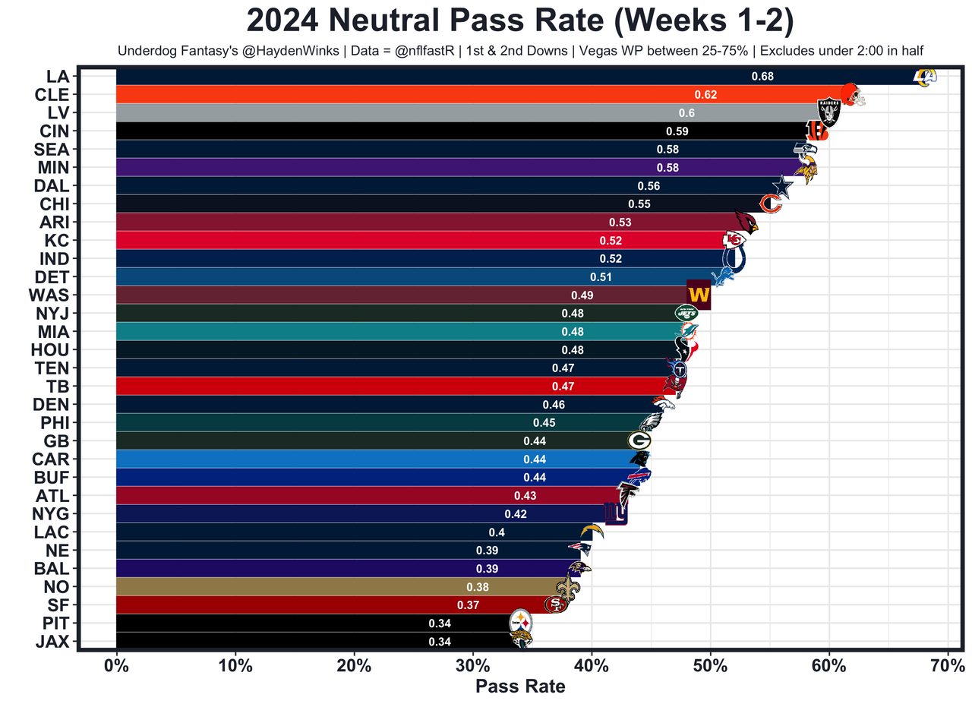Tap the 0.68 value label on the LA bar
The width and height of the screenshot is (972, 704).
click(x=762, y=76)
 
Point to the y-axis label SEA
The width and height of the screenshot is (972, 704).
click(x=52, y=149)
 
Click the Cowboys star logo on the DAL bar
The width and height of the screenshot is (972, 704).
click(x=781, y=186)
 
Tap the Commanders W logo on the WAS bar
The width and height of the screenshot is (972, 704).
click(x=699, y=295)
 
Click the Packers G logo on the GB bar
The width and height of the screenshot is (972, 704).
click(x=639, y=440)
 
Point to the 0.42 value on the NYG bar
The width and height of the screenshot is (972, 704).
click(x=516, y=513)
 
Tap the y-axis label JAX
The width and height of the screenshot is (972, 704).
click(x=52, y=642)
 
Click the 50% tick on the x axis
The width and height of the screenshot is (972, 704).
click(x=710, y=668)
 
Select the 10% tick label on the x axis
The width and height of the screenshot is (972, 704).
click(x=235, y=668)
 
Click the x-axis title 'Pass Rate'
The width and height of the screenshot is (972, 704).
click(x=520, y=687)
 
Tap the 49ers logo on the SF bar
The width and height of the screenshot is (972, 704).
click(x=556, y=605)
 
